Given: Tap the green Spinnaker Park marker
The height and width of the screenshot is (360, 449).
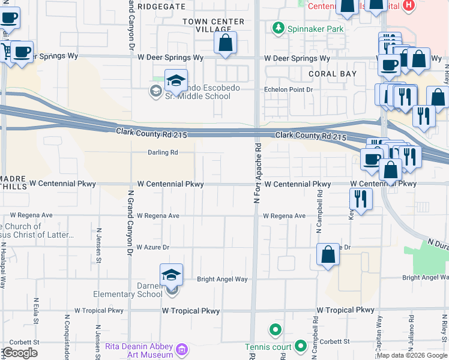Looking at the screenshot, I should [278, 28].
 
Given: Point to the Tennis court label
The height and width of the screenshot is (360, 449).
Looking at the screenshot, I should [268, 347].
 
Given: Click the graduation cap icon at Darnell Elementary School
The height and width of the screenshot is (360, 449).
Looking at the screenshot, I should [171, 275].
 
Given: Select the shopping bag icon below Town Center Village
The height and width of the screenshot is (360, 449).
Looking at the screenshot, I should [225, 43].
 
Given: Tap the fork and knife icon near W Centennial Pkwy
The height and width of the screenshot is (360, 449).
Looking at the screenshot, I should [360, 199].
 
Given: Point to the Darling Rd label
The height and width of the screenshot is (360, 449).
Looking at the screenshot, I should [163, 152].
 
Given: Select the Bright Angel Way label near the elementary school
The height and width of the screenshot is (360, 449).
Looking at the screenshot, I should [223, 279].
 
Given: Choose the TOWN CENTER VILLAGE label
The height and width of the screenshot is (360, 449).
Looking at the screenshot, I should [214, 25].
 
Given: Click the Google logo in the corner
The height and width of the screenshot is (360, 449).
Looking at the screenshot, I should [20, 353].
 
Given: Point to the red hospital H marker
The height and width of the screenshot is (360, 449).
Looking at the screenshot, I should [409, 5].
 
